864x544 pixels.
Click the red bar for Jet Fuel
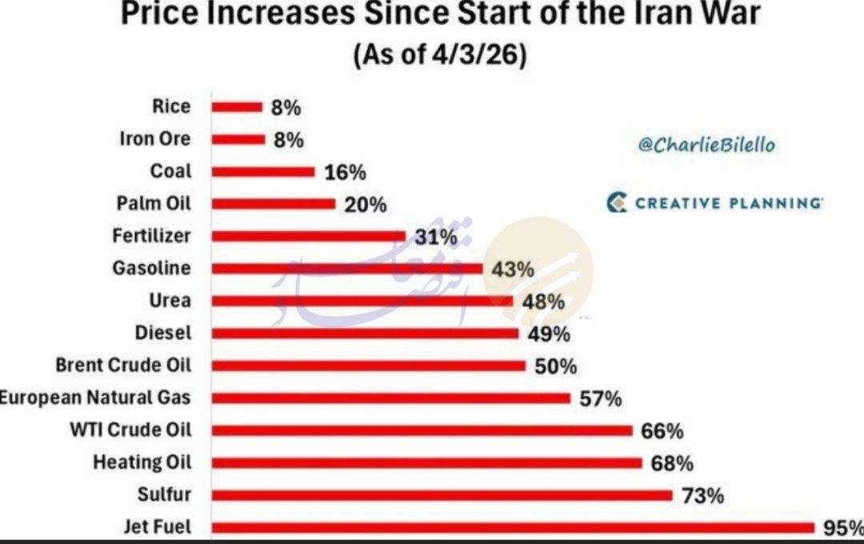(x=512, y=527)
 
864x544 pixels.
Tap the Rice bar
(x=238, y=106)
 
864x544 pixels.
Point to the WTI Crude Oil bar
(x=422, y=430)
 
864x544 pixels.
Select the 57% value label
(x=600, y=398)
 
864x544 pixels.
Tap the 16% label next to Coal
(x=345, y=172)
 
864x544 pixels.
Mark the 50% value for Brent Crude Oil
(x=555, y=366)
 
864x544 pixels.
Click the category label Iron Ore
(x=155, y=139)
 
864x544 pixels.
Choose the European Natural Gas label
(x=94, y=398)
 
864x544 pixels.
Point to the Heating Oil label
(x=142, y=462)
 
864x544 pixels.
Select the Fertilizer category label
(x=152, y=236)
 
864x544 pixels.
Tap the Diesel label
(x=163, y=333)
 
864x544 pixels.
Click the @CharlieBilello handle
(x=706, y=145)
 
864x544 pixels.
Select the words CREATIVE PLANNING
(x=729, y=202)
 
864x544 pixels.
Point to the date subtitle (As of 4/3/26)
(x=438, y=58)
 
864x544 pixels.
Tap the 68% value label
(x=672, y=463)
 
